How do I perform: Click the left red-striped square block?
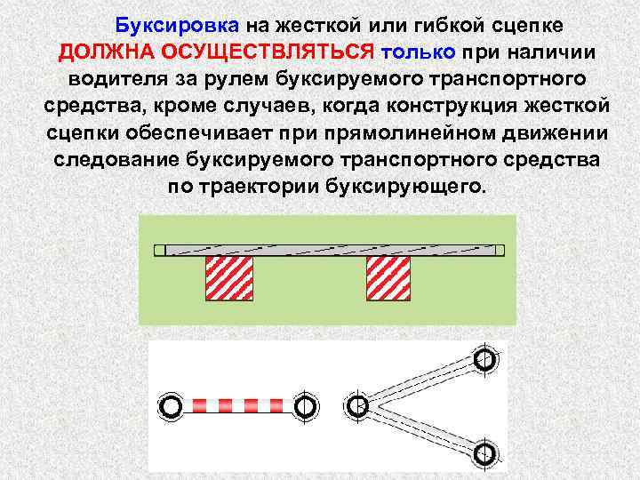pos(230,278)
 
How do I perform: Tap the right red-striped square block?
pos(388,278)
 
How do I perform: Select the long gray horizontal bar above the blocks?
pos(330,251)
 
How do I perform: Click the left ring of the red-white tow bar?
pos(172,406)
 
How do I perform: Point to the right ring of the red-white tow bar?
pos(304,406)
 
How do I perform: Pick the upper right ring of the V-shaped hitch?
pos(484,360)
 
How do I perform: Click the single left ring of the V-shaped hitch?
pos(357,406)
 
